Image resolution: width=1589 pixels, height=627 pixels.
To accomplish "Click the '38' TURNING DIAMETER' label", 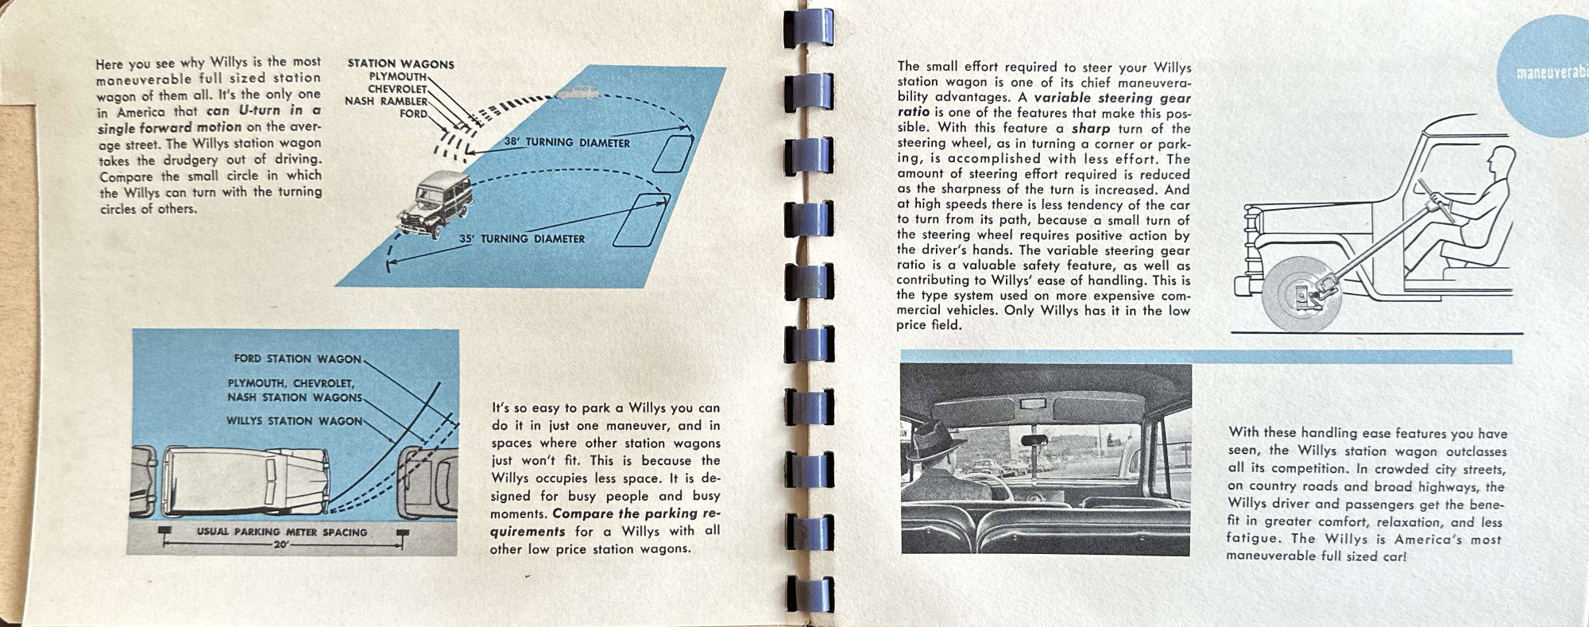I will pyautogui.click(x=566, y=143).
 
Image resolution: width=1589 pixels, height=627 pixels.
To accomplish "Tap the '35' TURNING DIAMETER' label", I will pyautogui.click(x=521, y=238).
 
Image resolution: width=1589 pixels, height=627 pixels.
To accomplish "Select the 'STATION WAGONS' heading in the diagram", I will pyautogui.click(x=400, y=64).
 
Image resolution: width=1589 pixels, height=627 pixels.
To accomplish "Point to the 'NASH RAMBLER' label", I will pyautogui.click(x=386, y=101).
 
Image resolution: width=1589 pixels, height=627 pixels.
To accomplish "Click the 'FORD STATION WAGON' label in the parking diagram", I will pyautogui.click(x=297, y=358).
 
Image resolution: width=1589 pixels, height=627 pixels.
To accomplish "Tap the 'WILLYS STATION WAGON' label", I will pyautogui.click(x=294, y=420).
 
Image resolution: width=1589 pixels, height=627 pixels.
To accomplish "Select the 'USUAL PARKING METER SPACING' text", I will pyautogui.click(x=282, y=532).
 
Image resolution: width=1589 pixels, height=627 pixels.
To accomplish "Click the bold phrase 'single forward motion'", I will pyautogui.click(x=169, y=127).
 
